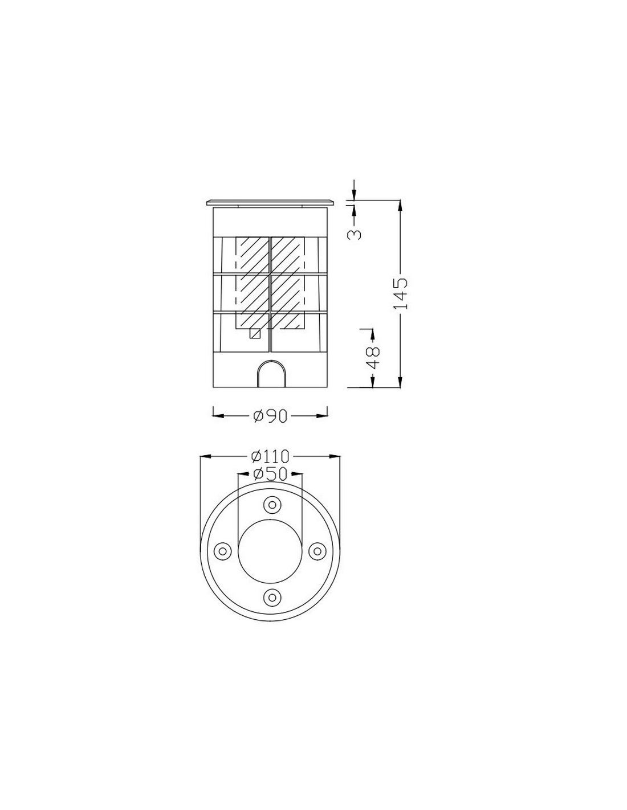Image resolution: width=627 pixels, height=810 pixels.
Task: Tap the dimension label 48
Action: (x=372, y=357)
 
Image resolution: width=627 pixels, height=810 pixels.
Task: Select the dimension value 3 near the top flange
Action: (x=355, y=233)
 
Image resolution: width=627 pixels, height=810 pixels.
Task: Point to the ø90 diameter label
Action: (x=270, y=416)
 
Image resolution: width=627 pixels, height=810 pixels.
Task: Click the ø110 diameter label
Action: (x=270, y=456)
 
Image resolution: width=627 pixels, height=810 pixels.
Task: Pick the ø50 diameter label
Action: (x=270, y=473)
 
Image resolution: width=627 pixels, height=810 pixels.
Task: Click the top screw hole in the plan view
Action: (x=271, y=504)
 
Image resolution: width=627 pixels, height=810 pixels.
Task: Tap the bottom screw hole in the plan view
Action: (x=271, y=596)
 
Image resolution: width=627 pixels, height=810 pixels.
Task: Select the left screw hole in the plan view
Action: (x=223, y=550)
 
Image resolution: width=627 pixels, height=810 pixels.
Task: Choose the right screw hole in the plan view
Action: (x=316, y=550)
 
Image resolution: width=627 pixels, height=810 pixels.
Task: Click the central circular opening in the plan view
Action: (x=270, y=550)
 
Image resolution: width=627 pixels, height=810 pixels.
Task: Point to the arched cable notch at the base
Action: (x=270, y=376)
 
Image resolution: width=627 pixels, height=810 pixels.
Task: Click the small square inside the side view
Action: (x=255, y=334)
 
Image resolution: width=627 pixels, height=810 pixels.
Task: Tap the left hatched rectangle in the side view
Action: (x=253, y=283)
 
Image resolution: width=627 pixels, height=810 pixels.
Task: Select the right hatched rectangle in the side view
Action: (x=288, y=283)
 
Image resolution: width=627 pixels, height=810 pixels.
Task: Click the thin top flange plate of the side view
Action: (x=270, y=203)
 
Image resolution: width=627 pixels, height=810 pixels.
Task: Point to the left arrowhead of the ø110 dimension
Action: (x=204, y=456)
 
